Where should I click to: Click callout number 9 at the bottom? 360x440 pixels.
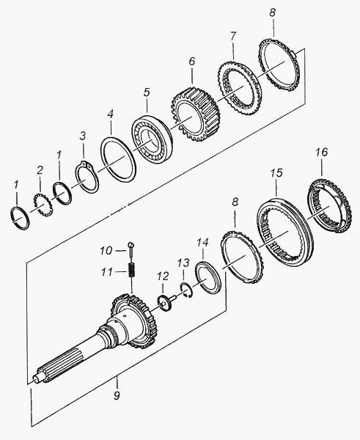click(117, 395)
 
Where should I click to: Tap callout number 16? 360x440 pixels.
click(321, 152)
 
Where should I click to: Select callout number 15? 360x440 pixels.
click(276, 173)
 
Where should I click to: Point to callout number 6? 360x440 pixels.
click(191, 62)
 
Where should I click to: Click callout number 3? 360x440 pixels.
click(83, 136)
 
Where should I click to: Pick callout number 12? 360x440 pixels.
click(163, 276)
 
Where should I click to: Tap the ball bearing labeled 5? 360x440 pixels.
click(151, 140)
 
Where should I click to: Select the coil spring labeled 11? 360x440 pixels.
click(132, 270)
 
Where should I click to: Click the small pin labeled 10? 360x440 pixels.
click(131, 248)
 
